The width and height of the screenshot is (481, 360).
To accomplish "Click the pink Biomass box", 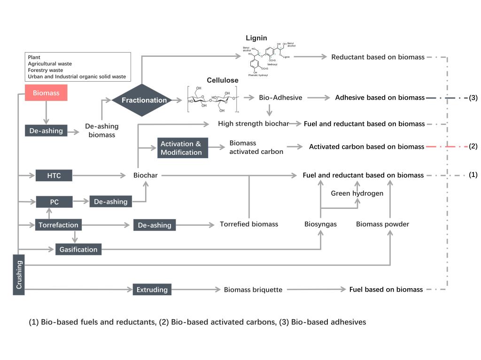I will [46, 93].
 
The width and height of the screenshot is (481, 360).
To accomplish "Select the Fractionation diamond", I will [144, 100].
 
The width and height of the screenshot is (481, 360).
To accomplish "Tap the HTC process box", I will [54, 176].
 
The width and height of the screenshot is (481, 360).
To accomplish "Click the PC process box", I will [54, 202].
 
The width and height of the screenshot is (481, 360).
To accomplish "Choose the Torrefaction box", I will [58, 225].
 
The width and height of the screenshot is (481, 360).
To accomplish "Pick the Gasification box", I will [78, 249].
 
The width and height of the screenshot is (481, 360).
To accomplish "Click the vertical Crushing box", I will [19, 275].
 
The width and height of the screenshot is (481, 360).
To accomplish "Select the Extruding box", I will [152, 290].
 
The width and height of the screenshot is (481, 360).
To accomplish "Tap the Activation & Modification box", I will [181, 148].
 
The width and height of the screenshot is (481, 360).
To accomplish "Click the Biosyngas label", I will [320, 224].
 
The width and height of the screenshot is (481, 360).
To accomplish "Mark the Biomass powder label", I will [382, 224].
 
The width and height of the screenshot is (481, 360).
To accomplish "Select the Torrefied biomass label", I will [249, 224].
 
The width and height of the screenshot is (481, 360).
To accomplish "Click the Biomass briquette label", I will [253, 290].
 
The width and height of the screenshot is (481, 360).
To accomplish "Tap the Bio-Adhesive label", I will [280, 98].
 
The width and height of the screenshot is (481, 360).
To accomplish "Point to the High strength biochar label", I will [253, 124].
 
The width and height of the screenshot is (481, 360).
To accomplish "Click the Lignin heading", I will [256, 38].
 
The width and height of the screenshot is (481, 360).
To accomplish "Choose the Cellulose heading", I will [223, 80].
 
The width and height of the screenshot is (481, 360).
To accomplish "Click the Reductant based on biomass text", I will [378, 57].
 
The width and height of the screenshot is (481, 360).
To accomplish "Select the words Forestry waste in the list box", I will [46, 70].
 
